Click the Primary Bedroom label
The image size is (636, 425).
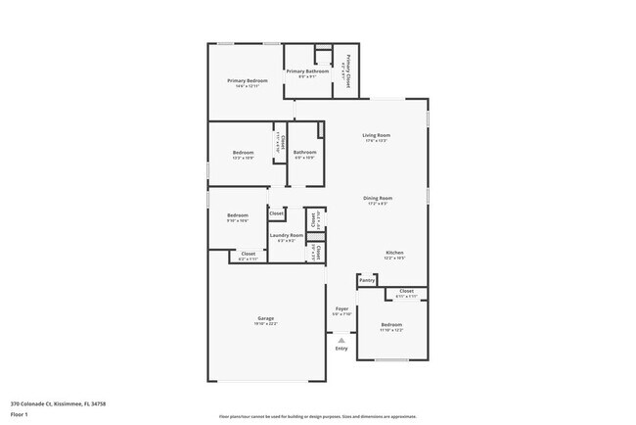point(248,80)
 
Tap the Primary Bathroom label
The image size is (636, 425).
point(306,71)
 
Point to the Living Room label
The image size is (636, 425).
point(377,135)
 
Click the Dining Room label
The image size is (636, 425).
point(378,198)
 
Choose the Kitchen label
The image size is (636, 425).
point(393,253)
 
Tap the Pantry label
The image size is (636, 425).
point(367,280)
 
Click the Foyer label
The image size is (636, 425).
point(341,308)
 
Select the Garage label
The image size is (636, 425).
point(265,318)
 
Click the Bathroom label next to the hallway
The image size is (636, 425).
point(304,152)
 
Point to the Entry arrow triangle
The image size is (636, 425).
point(341,339)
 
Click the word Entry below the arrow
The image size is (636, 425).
point(341,349)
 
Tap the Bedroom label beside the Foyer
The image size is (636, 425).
point(391,324)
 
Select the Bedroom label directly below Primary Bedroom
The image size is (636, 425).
point(243,152)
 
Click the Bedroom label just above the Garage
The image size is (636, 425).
point(238,214)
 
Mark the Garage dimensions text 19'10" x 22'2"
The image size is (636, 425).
point(265,324)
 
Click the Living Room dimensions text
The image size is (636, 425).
point(377,141)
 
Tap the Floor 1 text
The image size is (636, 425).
point(20,413)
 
